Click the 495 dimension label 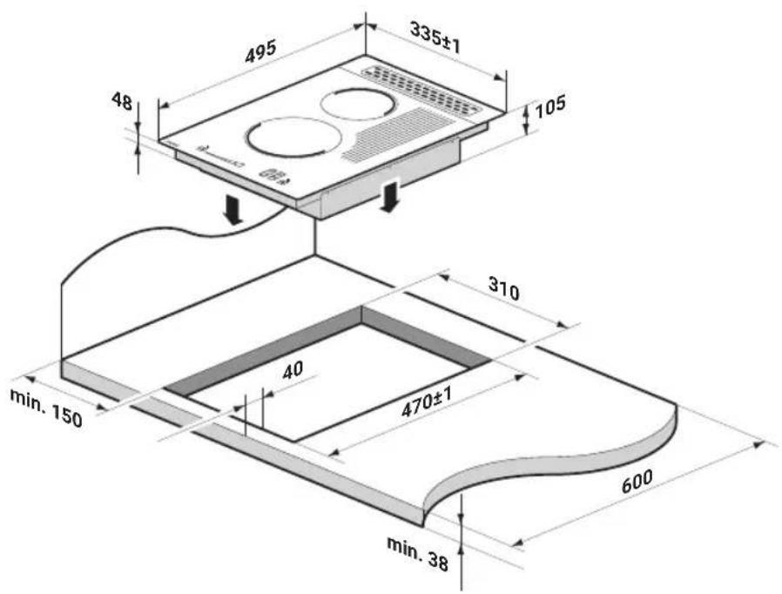pyautogui.click(x=260, y=52)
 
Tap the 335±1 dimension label pyautogui.click(x=435, y=38)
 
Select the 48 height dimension pyautogui.click(x=122, y=101)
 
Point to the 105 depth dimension pyautogui.click(x=550, y=106)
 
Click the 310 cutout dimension pyautogui.click(x=503, y=289)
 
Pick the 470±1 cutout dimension pyautogui.click(x=427, y=402)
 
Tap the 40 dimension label pyautogui.click(x=293, y=370)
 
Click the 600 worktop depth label pyautogui.click(x=637, y=480)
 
